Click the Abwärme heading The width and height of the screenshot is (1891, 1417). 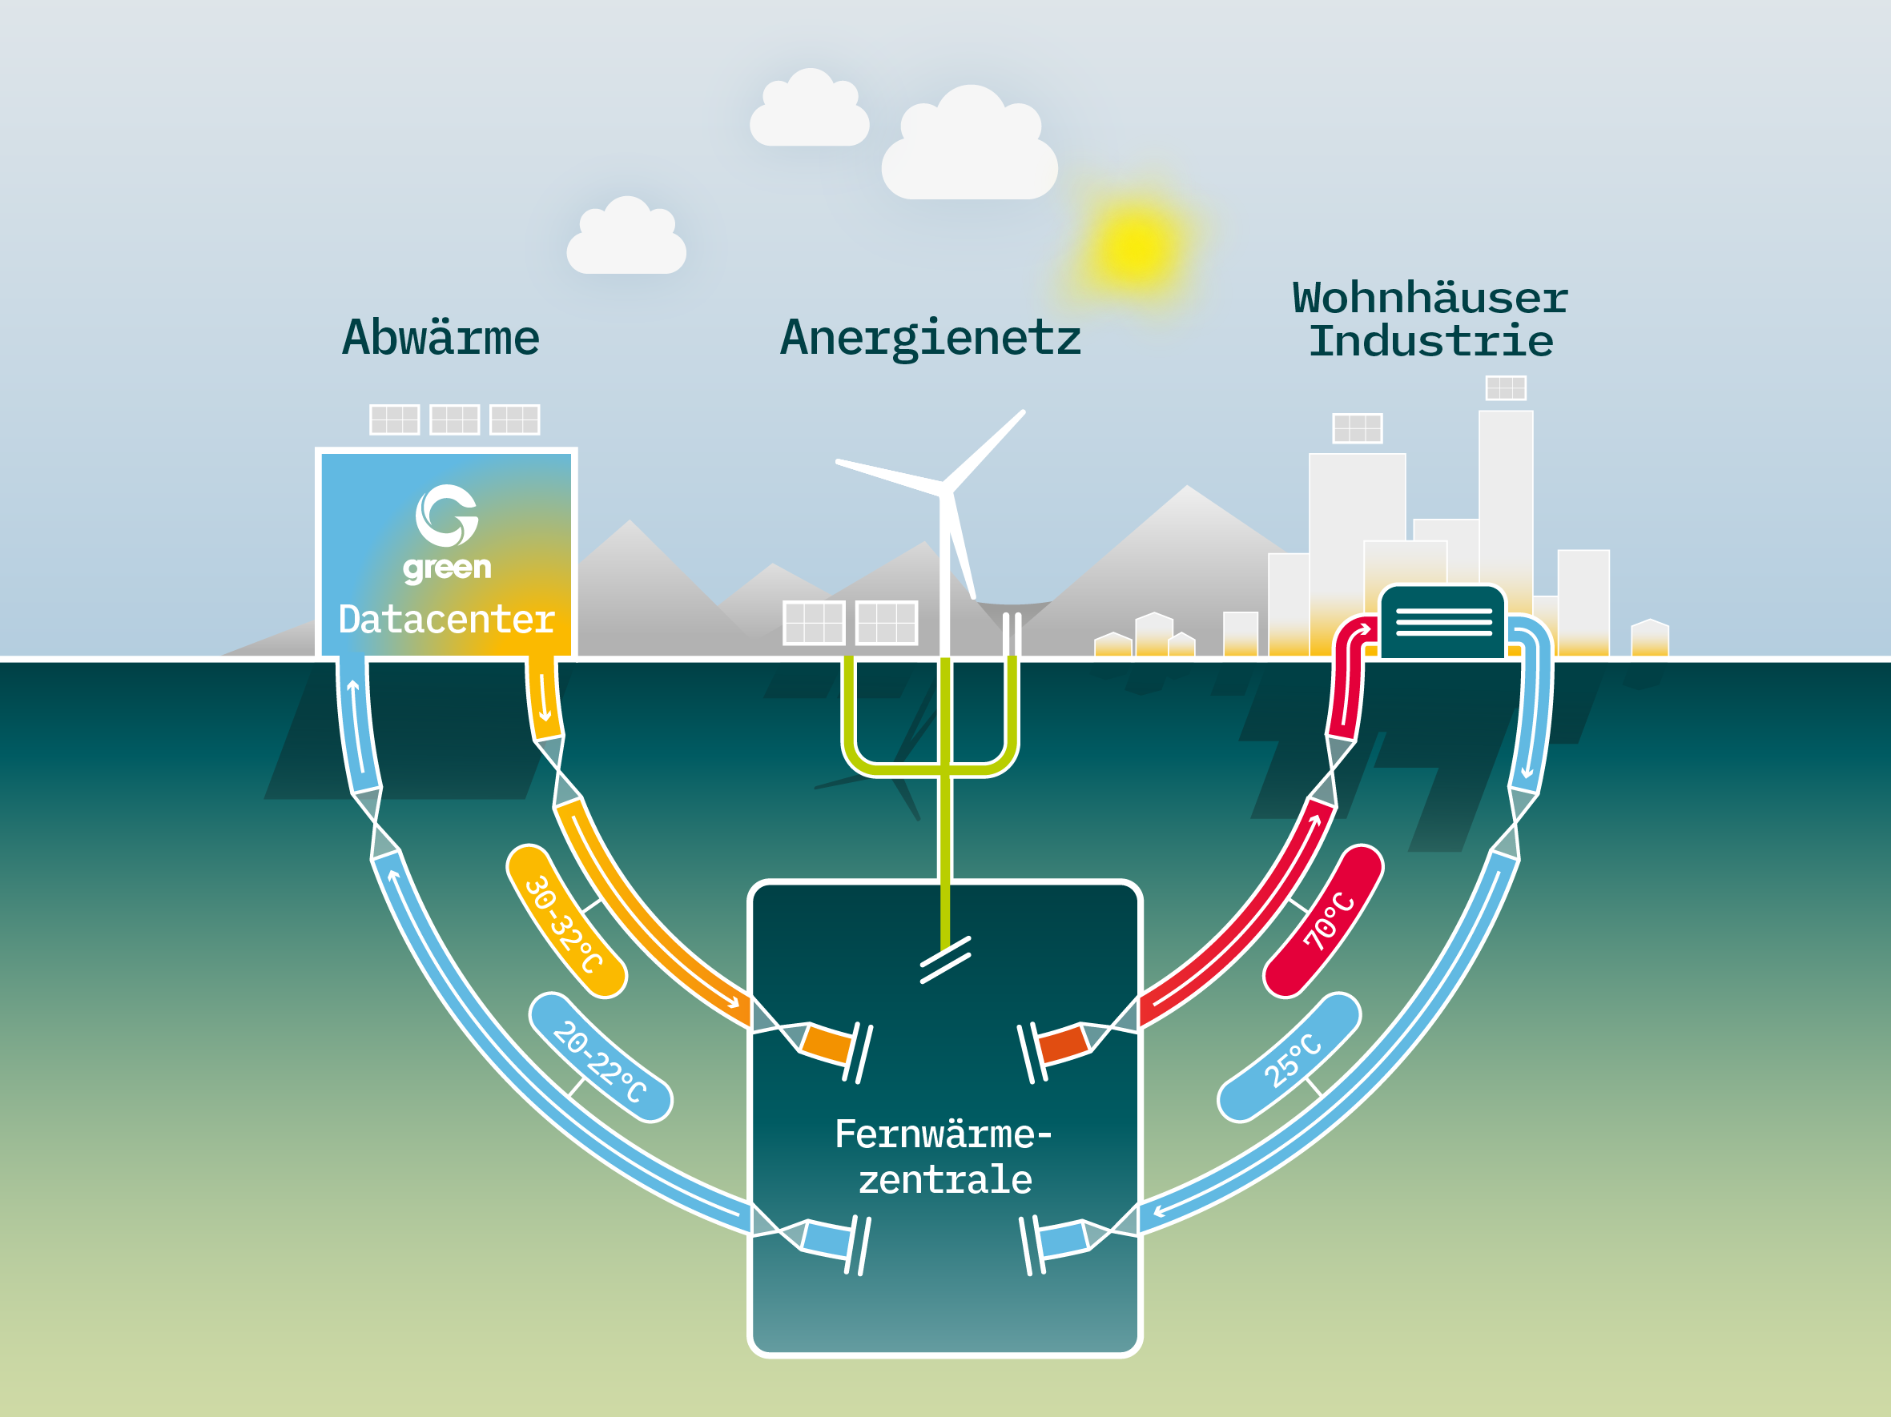[x=441, y=339]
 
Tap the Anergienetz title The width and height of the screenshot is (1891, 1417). [x=930, y=339]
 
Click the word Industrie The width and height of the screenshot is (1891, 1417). [x=1431, y=342]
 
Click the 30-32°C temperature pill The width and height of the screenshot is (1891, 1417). [x=566, y=921]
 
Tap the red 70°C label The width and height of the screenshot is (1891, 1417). [x=1323, y=921]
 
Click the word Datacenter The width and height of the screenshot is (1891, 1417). [x=446, y=620]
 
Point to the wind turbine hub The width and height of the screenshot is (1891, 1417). [x=945, y=489]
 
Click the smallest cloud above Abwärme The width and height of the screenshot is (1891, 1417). [x=626, y=239]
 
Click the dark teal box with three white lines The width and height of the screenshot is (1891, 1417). [x=1443, y=622]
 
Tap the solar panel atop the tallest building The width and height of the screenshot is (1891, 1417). [x=1506, y=388]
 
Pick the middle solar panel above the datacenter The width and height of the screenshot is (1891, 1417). [x=454, y=419]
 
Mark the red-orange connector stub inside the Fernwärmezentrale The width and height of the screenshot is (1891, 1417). [x=1064, y=1043]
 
